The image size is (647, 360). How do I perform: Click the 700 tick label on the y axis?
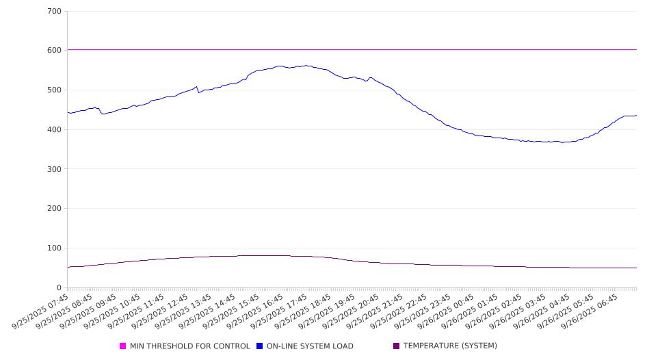coord(55,12)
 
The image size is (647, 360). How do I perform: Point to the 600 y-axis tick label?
coord(55,51)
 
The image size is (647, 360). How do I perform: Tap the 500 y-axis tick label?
coord(55,90)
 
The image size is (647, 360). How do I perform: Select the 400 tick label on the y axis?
coord(55,130)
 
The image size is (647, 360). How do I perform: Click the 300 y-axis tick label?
coord(55,169)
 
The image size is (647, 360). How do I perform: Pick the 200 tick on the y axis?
coord(55,209)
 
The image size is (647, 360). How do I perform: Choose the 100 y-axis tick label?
coord(55,248)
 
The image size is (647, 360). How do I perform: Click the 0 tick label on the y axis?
coord(60,287)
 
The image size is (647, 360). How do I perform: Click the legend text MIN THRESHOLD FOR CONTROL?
coord(189,346)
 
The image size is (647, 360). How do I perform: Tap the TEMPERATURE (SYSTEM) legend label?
coord(450,346)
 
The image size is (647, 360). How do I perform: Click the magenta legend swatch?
coord(123,346)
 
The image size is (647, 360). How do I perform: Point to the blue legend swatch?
coord(260,346)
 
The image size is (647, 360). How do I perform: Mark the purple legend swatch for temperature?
coord(397,346)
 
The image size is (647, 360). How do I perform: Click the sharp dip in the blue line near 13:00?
coord(198,92)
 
